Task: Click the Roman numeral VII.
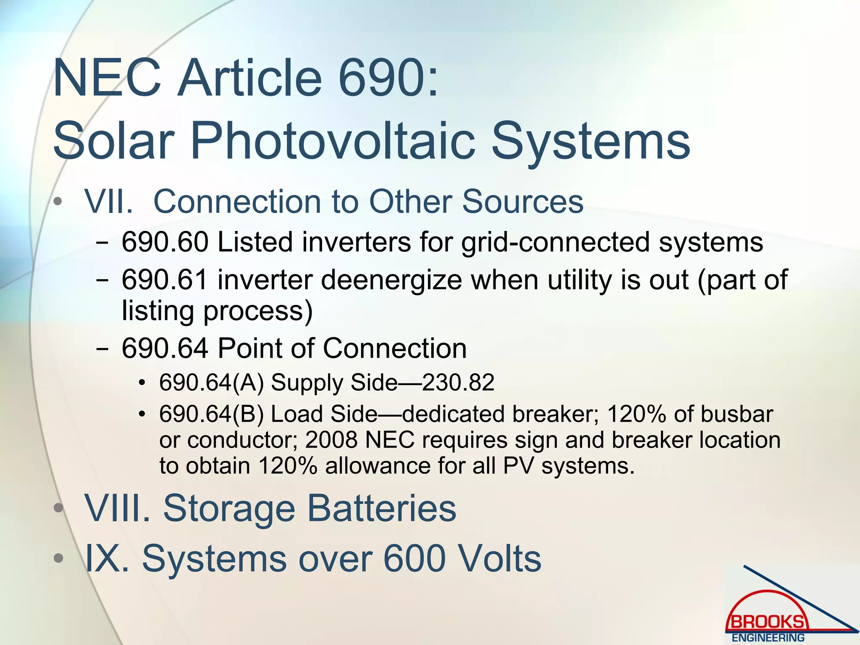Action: (108, 202)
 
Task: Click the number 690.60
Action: (165, 242)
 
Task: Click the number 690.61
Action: (165, 280)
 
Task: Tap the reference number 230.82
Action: (458, 383)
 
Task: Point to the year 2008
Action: (331, 440)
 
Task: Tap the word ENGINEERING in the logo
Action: (768, 637)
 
